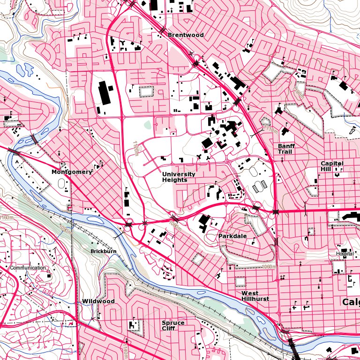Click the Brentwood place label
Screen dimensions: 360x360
tap(186, 35)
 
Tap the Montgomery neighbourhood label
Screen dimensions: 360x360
tap(72, 172)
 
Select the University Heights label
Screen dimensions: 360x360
tap(179, 177)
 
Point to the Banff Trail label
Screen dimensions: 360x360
tap(286, 149)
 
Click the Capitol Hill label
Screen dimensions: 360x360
tap(332, 166)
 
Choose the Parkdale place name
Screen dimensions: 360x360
tap(232, 236)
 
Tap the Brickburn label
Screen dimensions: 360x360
tap(103, 252)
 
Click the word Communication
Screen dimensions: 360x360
tap(28, 268)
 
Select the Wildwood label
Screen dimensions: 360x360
tap(98, 301)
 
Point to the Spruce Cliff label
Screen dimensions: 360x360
tap(173, 326)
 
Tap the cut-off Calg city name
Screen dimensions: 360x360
tap(351, 302)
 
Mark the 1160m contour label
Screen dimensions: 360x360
tap(7, 217)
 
